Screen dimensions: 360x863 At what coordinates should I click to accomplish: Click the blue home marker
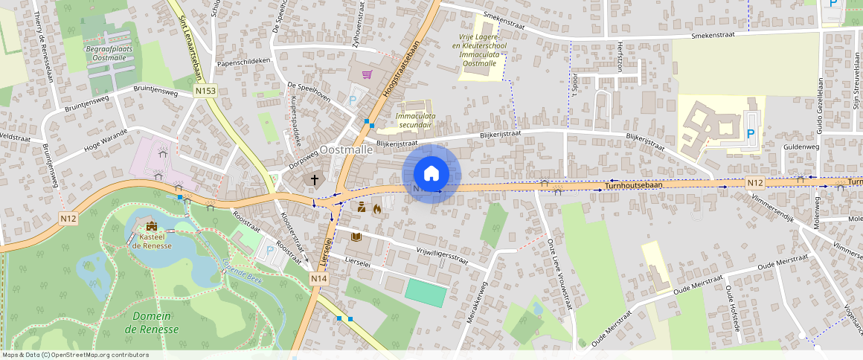tap(431, 174)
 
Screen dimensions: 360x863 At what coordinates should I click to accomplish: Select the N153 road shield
tap(205, 91)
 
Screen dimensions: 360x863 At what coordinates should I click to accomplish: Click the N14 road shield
tap(319, 278)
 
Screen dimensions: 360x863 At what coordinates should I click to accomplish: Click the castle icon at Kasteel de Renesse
tap(153, 226)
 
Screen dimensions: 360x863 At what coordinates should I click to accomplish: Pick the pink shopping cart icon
tap(367, 74)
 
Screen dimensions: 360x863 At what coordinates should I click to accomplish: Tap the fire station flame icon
tap(377, 209)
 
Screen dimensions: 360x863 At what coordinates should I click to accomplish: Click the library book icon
tap(356, 237)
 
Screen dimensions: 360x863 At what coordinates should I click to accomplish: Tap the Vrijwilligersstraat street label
tap(442, 255)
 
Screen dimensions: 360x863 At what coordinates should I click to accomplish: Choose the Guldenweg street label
tap(801, 147)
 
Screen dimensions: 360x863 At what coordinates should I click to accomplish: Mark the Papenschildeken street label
tap(243, 62)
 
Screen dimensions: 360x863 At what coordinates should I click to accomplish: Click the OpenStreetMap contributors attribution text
tap(74, 355)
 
